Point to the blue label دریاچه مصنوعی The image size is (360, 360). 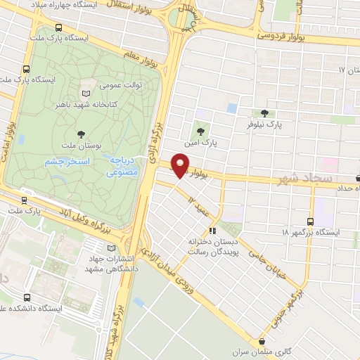(x=125, y=165)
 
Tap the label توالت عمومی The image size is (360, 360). (x=121, y=85)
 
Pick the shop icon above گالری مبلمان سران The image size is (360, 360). (x=262, y=340)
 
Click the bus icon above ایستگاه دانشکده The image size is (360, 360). (x=27, y=297)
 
